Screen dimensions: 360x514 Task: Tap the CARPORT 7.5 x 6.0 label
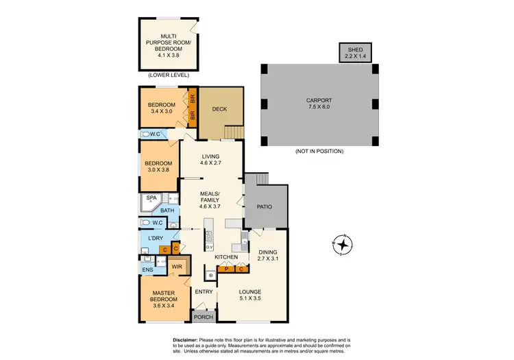320,104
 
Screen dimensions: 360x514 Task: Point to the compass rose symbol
341,244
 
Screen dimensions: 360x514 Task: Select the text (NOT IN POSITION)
319,151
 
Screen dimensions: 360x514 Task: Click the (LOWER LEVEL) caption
169,76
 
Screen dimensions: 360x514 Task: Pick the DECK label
219,109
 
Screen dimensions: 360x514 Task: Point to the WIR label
177,265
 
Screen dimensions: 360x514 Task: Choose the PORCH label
203,317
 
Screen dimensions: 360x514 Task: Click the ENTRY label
204,292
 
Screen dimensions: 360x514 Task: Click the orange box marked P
226,269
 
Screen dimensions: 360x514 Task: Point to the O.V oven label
210,247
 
